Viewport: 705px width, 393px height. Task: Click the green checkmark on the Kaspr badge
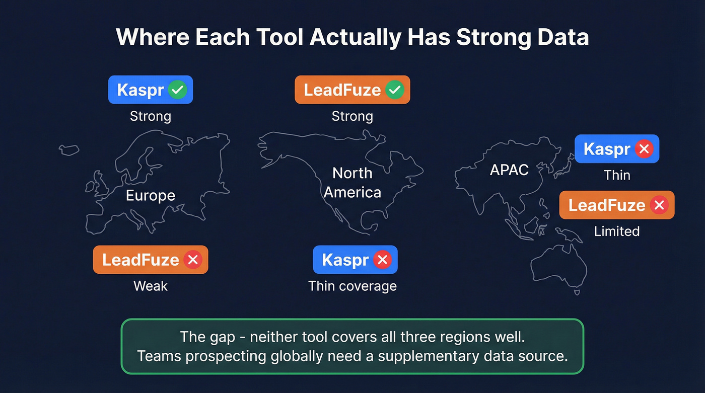pos(177,90)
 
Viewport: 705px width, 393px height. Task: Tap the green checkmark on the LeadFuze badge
pos(394,90)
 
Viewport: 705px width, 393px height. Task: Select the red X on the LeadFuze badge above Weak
pos(192,260)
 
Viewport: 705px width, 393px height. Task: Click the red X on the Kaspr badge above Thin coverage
pos(382,260)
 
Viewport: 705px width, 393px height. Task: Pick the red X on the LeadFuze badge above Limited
pos(658,205)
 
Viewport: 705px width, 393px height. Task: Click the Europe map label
pos(151,195)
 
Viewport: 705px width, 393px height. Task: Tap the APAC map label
pos(509,170)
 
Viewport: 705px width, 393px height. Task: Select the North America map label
pos(352,183)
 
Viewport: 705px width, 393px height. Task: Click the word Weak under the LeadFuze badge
pos(151,286)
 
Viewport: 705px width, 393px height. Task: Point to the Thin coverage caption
pos(352,286)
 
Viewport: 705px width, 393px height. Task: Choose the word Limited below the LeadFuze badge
pos(616,231)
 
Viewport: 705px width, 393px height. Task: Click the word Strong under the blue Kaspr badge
pos(151,116)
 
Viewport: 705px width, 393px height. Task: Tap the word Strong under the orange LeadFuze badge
pos(352,116)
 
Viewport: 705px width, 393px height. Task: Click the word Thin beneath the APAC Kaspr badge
pos(616,175)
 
